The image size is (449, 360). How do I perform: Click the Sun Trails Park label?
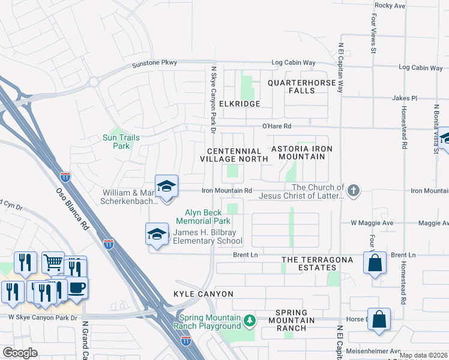pos(121,142)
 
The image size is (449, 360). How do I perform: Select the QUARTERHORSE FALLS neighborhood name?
pos(291,86)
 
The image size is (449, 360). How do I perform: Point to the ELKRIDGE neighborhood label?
pos(240,104)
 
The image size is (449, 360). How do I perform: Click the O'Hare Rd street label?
pos(276,126)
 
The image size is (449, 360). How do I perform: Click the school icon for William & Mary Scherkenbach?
pos(166,186)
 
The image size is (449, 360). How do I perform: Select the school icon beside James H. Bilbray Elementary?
pos(157,233)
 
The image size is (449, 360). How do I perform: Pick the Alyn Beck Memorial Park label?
pos(199,217)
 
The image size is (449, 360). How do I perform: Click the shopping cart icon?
pos(53,262)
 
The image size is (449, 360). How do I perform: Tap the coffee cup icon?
pos(76,287)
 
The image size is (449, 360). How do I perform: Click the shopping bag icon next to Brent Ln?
pos(375,263)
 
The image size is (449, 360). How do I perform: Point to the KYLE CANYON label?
pos(202,294)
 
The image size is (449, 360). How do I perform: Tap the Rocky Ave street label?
pos(391,5)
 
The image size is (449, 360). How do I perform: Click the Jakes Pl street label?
pos(404,98)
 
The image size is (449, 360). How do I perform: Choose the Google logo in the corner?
pos(20,353)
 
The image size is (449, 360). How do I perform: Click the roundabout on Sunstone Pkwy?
pos(92,82)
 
